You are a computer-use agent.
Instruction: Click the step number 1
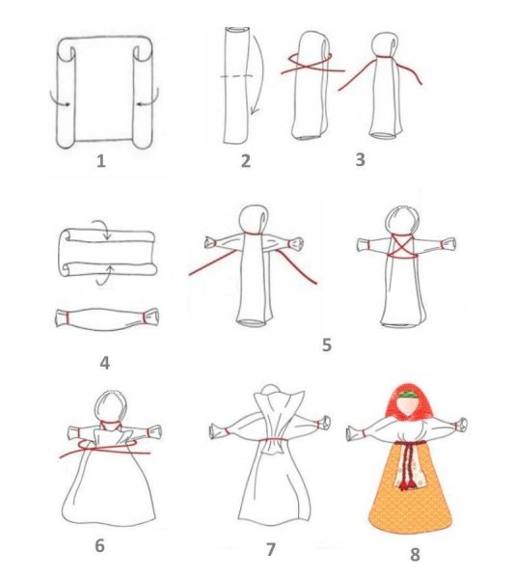[x=100, y=161]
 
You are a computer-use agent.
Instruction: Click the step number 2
[x=245, y=161]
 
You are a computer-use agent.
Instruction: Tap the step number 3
[x=360, y=159]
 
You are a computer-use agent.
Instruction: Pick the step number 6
[x=99, y=545]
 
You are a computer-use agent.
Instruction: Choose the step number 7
[x=270, y=549]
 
